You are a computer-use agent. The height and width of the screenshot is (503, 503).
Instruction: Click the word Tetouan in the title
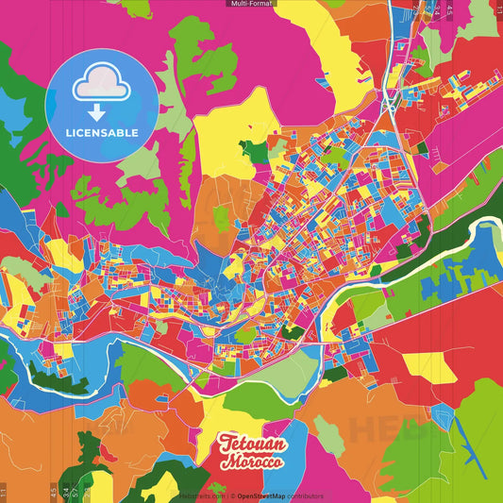pos(245,444)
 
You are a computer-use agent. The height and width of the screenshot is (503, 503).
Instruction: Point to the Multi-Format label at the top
pos(251,4)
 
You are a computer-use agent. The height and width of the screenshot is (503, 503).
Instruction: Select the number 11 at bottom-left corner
pos(4,491)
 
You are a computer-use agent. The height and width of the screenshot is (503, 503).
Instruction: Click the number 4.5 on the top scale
pos(449,11)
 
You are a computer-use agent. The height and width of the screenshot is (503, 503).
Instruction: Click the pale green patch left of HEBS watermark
pos(329,433)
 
